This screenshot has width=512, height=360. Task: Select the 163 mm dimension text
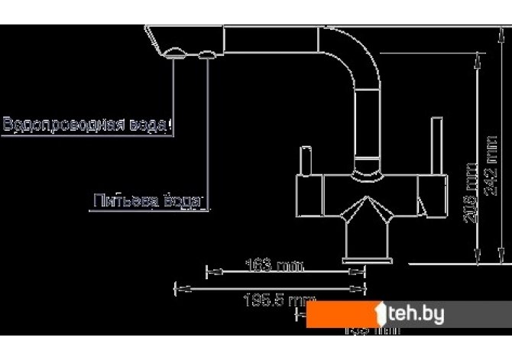pyautogui.click(x=272, y=267)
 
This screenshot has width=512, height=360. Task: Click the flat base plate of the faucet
pyautogui.click(x=355, y=261)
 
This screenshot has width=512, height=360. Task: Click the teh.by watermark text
pyautogui.click(x=413, y=313)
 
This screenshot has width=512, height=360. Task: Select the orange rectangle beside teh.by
pyautogui.click(x=341, y=314)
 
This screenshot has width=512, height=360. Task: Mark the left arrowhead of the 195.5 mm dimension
pyautogui.click(x=179, y=289)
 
